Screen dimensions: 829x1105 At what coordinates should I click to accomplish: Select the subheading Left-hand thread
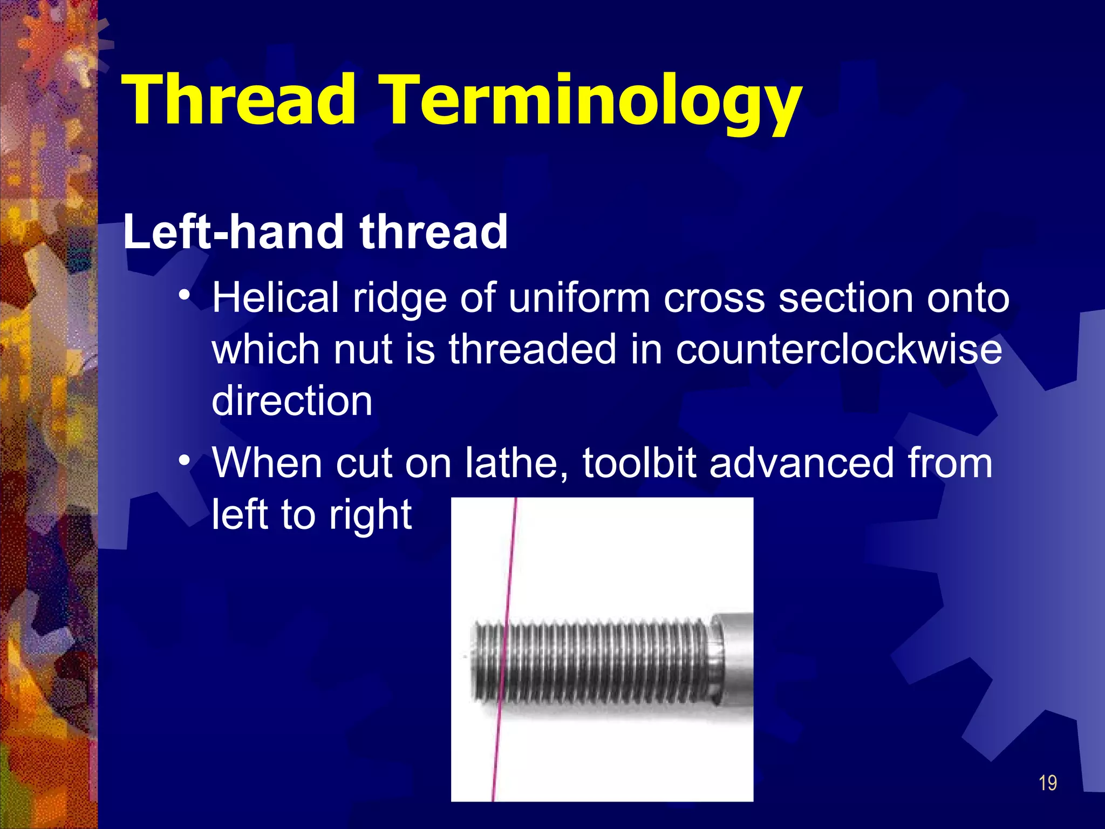pyautogui.click(x=315, y=232)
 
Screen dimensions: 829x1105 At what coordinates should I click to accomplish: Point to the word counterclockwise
pyautogui.click(x=838, y=349)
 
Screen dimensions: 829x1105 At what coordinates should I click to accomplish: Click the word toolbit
pyautogui.click(x=639, y=463)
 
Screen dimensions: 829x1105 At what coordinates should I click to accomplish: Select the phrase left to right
pyautogui.click(x=311, y=515)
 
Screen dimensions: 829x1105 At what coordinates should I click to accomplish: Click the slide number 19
pyautogui.click(x=1047, y=783)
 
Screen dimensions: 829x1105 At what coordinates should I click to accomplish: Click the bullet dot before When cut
pyautogui.click(x=185, y=461)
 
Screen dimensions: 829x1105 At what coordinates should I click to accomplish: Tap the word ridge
pyautogui.click(x=399, y=298)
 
